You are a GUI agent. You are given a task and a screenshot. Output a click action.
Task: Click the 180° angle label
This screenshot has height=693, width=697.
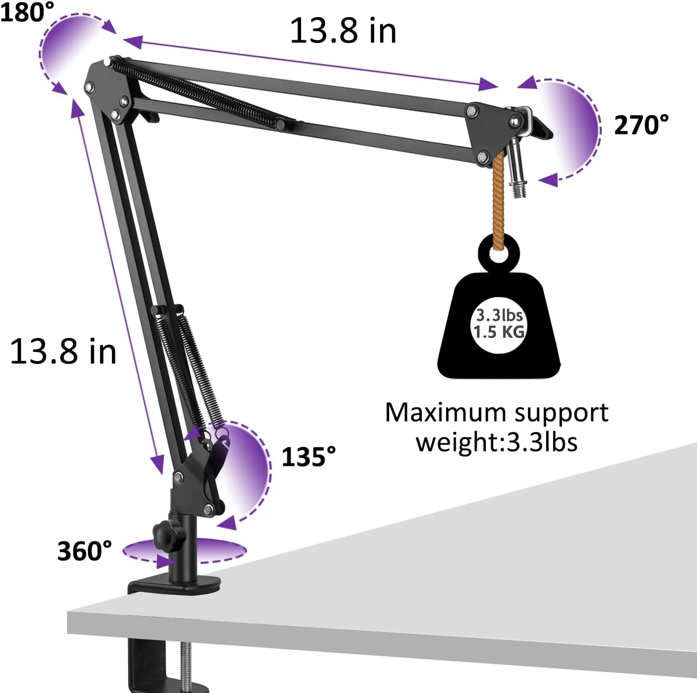[27, 11]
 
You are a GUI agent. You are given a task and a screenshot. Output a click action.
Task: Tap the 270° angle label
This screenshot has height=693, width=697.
[641, 125]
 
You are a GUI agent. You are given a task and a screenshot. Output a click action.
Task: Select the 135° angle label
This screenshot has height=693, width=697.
[309, 457]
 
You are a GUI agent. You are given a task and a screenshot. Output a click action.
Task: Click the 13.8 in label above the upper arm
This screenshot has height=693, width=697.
[343, 31]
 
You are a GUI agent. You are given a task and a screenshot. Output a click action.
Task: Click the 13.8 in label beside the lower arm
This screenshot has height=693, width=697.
[63, 352]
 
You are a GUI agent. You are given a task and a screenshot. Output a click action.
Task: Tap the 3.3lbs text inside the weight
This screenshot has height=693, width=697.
[499, 315]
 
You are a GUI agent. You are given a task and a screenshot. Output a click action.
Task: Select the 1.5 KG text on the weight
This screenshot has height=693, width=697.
[499, 332]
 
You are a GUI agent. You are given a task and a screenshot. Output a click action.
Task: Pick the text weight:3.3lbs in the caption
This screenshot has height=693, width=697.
[496, 442]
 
